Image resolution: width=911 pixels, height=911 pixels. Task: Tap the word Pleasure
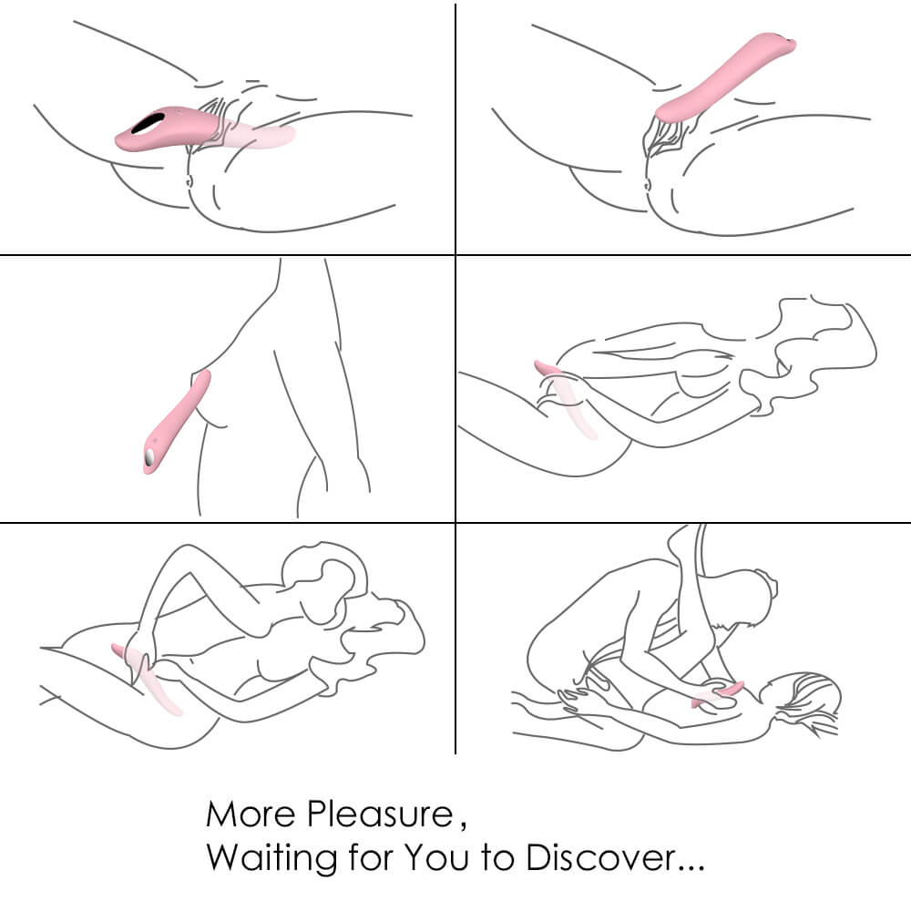pos(380,814)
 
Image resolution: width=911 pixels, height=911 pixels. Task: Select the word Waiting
pos(271,857)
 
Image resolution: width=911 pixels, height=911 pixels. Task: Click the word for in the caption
pos(371,856)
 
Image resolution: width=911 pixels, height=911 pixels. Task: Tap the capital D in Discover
pos(538,857)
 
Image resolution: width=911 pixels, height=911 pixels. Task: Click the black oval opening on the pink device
pos(147,123)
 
